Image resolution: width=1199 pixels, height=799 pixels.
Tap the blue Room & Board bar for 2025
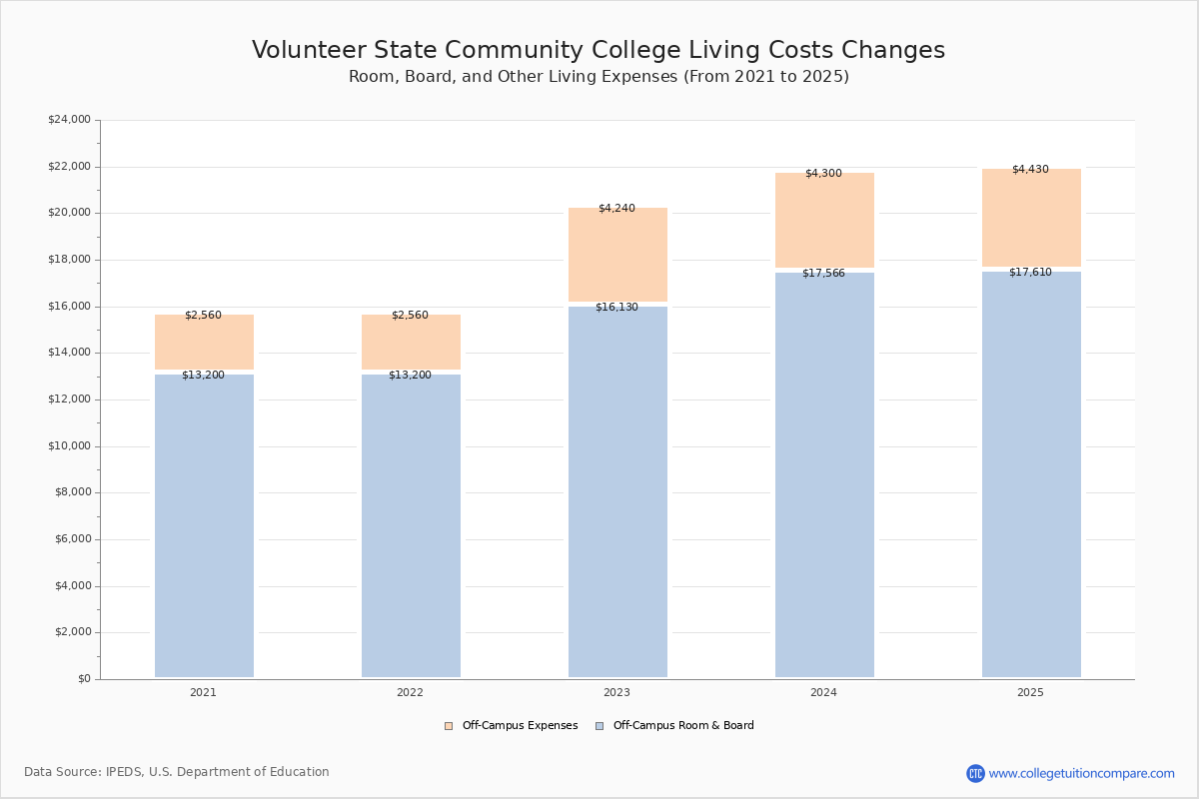coord(1031,474)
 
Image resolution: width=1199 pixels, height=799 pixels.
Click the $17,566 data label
coord(823,273)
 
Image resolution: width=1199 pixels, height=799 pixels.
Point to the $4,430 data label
coord(1030,169)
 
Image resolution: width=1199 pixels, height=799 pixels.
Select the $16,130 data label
coord(616,307)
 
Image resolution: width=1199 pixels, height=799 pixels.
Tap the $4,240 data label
coord(616,208)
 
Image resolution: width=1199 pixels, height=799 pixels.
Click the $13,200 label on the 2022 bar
coord(410,375)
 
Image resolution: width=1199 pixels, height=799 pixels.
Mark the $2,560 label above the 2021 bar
coord(203,315)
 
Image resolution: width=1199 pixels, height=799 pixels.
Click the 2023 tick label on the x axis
coord(616,692)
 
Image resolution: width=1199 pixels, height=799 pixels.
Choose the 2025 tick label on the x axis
coord(1030,692)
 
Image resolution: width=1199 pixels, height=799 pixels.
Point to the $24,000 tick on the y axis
coord(69,120)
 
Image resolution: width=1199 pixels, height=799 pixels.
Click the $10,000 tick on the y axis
coord(69,446)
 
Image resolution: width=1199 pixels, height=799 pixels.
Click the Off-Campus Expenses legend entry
coord(511,726)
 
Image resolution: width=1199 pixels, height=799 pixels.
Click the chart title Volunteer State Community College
coord(599,50)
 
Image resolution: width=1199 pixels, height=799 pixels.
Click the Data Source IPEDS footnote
coord(177,772)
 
